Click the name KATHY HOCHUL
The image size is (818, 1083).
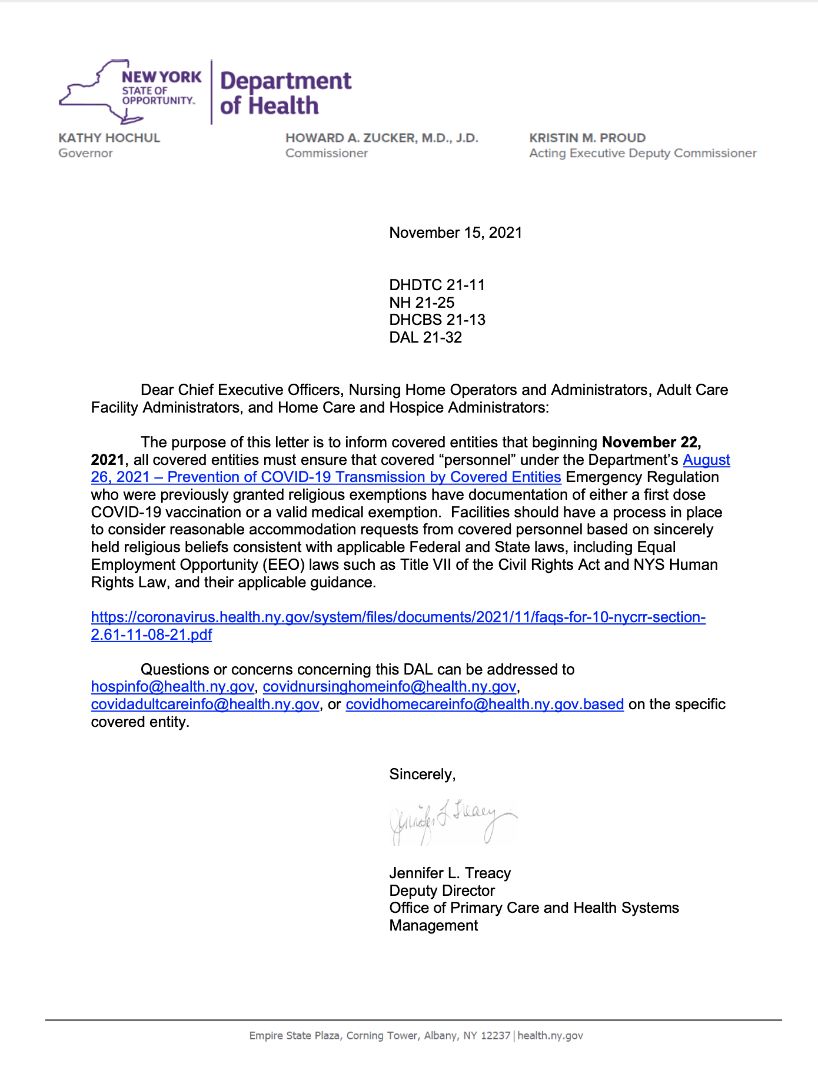[x=109, y=138]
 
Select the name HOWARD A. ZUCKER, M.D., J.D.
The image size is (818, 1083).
[x=381, y=138]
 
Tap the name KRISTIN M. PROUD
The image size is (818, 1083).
[x=587, y=138]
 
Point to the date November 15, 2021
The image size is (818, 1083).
[x=455, y=232]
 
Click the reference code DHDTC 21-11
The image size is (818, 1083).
[x=437, y=285]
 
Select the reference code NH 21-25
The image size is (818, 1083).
[x=421, y=303]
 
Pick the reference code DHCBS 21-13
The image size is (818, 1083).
[x=437, y=320]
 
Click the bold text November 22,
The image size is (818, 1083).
[x=651, y=442]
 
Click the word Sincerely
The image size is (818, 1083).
[x=421, y=774]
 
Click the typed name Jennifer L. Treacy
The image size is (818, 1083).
[x=449, y=873]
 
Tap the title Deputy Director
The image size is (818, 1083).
[x=442, y=890]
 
